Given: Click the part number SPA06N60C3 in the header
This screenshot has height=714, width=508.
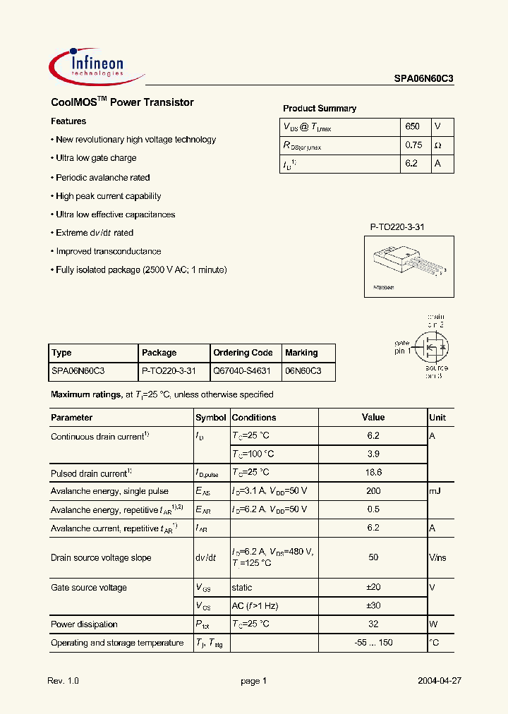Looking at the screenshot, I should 423,80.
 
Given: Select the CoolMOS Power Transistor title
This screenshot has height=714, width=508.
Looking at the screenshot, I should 122,102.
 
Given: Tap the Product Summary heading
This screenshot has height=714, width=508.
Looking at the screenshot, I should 320,109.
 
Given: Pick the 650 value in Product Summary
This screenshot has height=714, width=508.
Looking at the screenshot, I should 413,127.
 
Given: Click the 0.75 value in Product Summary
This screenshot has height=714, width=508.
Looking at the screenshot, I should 413,145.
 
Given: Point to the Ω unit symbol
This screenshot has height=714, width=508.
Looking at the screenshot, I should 437,145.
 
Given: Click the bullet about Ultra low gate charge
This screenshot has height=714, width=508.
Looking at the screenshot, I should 96,159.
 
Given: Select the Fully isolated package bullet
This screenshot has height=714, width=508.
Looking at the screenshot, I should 141,270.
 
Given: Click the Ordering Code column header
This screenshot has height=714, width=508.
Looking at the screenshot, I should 243,353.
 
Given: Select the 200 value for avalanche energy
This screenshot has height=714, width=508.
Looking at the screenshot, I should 373,491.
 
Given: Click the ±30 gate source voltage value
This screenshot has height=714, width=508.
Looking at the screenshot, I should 373,605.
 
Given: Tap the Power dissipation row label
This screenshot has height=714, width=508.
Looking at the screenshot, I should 84,624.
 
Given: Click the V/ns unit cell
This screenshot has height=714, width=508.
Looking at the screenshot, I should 437,557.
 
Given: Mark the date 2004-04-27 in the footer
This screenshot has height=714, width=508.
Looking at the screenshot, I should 439,682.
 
